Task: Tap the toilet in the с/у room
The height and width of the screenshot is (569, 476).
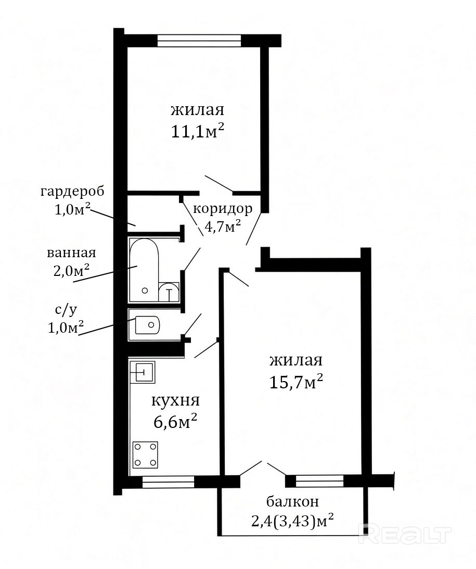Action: [x=147, y=325]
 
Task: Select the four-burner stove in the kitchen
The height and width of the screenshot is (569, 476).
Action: [x=145, y=454]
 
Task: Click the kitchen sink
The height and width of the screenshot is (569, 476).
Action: [x=143, y=372]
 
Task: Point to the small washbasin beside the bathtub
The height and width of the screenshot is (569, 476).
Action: [x=169, y=292]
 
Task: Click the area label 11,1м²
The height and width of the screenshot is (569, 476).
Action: [x=197, y=132]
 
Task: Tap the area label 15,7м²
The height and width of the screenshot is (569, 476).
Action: [x=296, y=382]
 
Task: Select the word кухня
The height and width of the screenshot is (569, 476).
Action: [x=175, y=401]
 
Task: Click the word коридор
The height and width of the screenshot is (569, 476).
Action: [x=223, y=209]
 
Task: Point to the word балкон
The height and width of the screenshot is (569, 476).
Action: [x=292, y=501]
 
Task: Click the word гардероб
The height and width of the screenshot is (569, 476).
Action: [x=72, y=191]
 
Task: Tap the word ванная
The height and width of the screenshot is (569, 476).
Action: [x=71, y=252]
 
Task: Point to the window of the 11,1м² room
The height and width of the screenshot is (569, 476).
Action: [x=199, y=40]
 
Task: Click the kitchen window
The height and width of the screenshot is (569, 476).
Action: [x=168, y=482]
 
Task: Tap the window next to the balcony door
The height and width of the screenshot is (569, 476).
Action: [x=319, y=481]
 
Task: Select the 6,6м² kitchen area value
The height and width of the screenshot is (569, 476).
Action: [x=175, y=422]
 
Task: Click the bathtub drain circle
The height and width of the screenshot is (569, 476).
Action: [x=145, y=290]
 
